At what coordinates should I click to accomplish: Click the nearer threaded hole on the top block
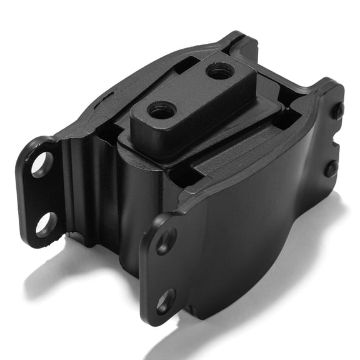click(162, 111)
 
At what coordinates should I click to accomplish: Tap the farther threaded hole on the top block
click(221, 72)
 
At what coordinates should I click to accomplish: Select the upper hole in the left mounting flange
click(42, 164)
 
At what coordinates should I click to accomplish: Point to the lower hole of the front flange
click(164, 301)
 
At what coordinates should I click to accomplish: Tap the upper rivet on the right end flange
click(337, 111)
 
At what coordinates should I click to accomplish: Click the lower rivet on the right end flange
click(330, 168)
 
